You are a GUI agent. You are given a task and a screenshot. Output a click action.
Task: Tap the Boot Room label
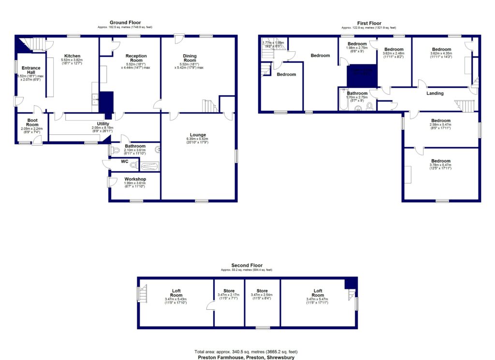pos(32,123)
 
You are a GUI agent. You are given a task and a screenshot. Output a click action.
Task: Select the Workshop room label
pos(135,179)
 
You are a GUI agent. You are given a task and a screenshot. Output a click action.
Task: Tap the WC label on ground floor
pos(124,161)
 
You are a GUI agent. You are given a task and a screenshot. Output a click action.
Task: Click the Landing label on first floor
pos(435,93)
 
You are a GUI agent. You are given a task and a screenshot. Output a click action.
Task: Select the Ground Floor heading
pos(125,22)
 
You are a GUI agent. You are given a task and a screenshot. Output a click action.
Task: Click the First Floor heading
pos(369,23)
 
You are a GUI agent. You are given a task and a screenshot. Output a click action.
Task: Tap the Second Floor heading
pos(247,265)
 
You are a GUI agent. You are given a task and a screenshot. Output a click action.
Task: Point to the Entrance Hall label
pos(30,71)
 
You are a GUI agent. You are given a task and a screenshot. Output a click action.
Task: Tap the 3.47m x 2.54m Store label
pos(262,295)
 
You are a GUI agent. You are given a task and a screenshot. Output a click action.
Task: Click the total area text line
pos(246,352)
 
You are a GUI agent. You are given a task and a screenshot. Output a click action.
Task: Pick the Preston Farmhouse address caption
pos(246,358)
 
